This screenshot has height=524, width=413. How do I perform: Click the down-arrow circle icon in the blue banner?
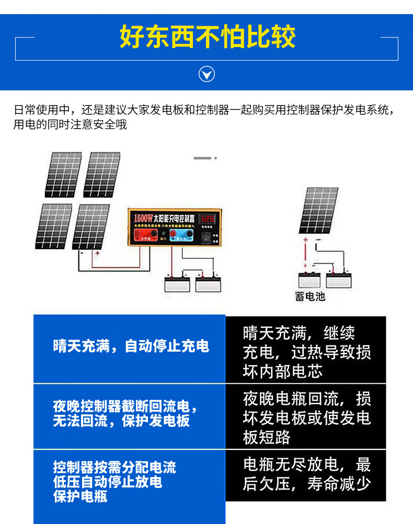coord(207,74)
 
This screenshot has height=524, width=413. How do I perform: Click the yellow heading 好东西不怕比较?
coord(207,37)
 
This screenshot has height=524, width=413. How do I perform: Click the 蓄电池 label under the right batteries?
coord(310,297)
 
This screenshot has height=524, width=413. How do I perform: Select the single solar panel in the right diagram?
coord(319,210)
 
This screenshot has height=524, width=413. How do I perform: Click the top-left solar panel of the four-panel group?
coord(64,174)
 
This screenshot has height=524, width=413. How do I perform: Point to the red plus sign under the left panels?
coord(97,253)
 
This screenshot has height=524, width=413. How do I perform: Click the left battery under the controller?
coord(177,284)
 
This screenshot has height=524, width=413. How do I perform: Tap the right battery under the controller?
coord(208,284)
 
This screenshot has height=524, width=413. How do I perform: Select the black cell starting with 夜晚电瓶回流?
coord(306,418)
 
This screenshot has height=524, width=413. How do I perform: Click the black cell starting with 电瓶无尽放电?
coord(306,474)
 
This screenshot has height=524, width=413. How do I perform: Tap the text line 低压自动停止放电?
coord(107,482)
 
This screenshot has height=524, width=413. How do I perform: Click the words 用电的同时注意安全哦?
coord(71,124)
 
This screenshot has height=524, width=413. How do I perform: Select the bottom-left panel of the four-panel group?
coord(54,226)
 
